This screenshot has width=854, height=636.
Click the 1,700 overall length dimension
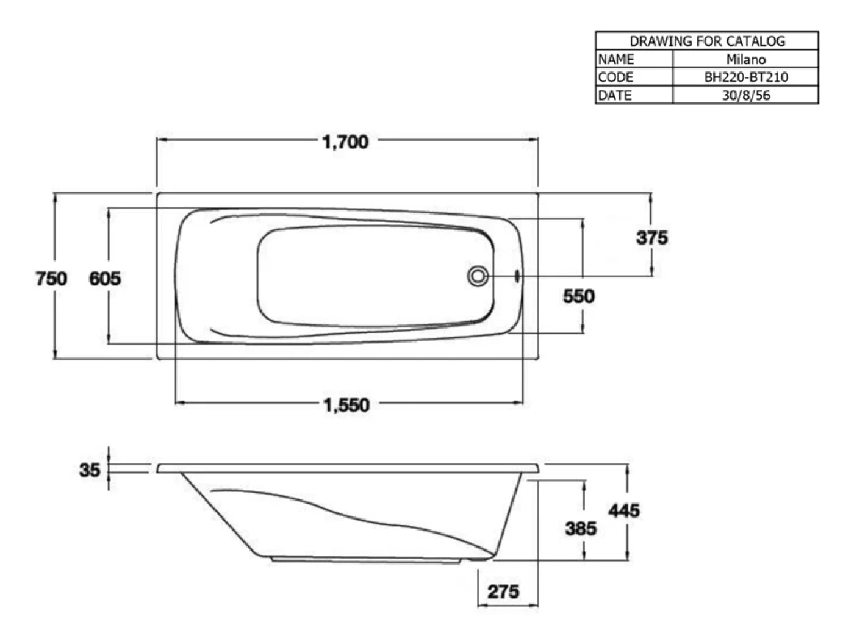(x=345, y=142)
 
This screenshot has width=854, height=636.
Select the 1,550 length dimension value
(x=346, y=405)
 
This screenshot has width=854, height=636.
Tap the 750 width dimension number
(x=51, y=278)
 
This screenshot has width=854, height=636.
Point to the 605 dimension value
(x=105, y=278)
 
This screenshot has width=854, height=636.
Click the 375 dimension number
(x=652, y=238)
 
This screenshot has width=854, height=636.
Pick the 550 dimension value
(x=579, y=296)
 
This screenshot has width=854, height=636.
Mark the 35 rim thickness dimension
(x=89, y=470)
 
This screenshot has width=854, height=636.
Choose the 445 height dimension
(x=624, y=511)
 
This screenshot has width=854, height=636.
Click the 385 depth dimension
(x=581, y=528)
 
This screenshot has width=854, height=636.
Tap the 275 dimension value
(x=503, y=591)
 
